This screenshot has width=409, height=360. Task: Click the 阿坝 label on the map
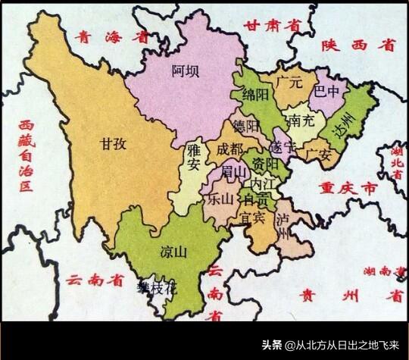(186, 72)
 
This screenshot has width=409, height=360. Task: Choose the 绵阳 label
(256, 95)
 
